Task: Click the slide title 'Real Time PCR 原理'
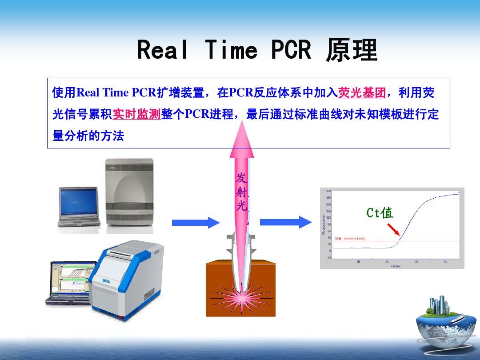257,50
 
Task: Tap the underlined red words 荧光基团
361,93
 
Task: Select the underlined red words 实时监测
136,114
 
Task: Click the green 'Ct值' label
380,213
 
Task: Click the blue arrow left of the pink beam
196,222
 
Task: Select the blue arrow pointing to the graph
285,221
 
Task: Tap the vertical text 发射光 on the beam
241,192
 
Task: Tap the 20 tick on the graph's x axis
387,262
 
